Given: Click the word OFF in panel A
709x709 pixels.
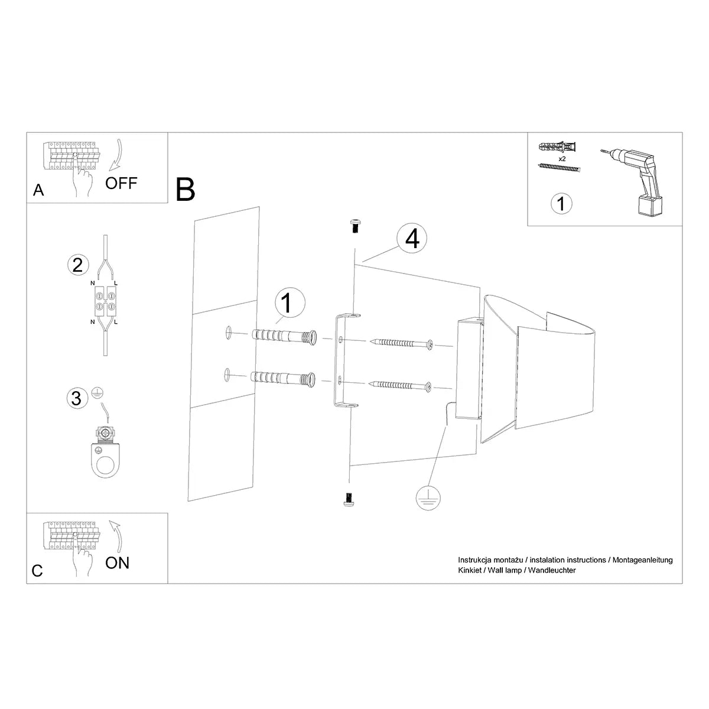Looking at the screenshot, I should (x=121, y=183).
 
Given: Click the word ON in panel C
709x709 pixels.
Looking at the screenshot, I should (x=117, y=562).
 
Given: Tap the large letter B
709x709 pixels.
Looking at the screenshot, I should (x=186, y=189).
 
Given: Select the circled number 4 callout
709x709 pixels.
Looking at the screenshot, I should (x=412, y=239).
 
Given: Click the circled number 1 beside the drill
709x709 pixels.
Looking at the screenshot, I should (x=561, y=203).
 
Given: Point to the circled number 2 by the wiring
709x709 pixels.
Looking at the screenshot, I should (x=77, y=265).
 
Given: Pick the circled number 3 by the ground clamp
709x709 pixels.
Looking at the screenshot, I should (x=76, y=398).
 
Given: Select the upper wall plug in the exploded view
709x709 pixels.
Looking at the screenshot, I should (x=284, y=336).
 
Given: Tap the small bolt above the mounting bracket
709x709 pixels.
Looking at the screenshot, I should (x=355, y=225).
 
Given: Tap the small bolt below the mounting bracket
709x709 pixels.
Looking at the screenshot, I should (x=349, y=499).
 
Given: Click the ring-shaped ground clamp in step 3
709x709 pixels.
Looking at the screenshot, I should (x=105, y=452).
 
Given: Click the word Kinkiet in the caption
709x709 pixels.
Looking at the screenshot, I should (x=470, y=570).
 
